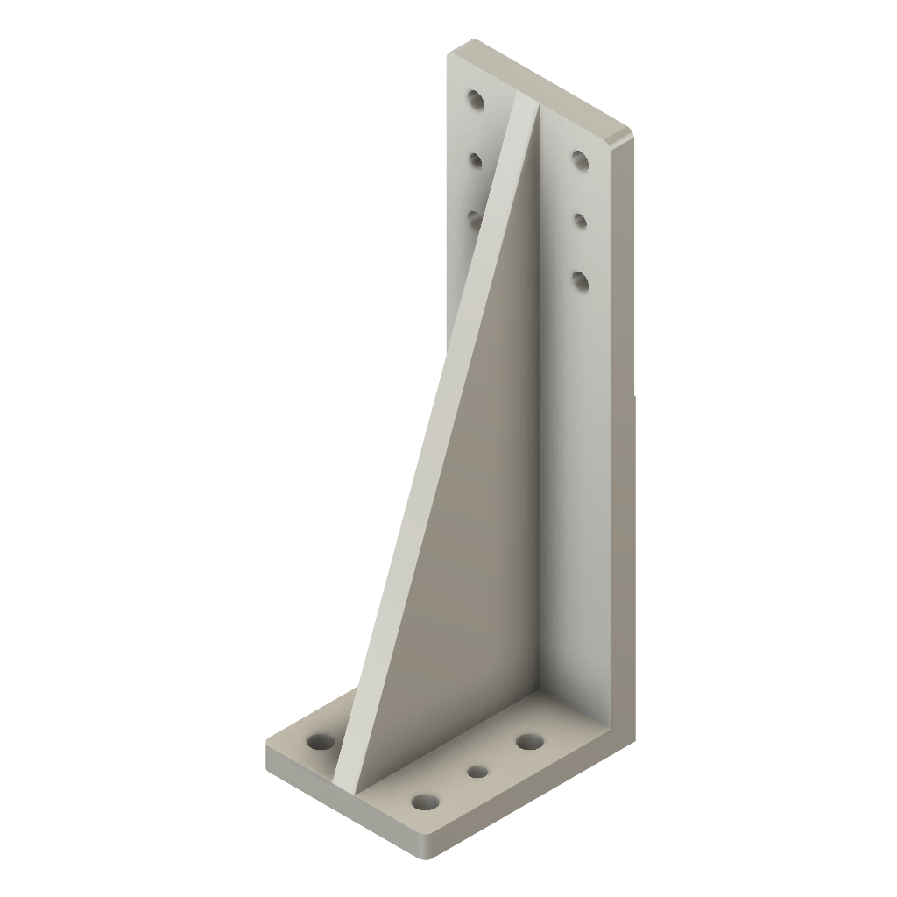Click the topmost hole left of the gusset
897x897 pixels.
(476, 99)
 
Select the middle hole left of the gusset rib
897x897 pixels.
(477, 160)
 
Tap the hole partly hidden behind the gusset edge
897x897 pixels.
(474, 216)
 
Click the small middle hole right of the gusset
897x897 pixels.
(580, 219)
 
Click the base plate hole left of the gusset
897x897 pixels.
(321, 742)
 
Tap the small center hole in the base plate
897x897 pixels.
(477, 772)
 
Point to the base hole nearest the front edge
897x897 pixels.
(425, 802)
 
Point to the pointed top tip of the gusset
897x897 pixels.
(526, 105)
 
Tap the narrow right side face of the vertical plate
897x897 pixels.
(621, 394)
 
